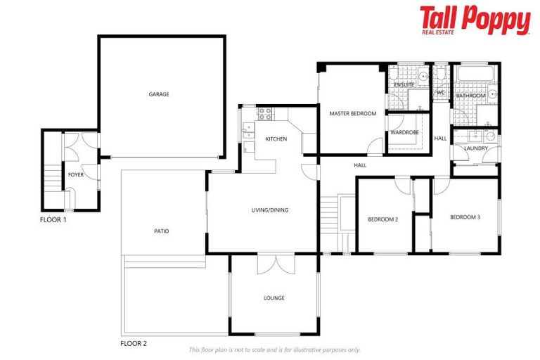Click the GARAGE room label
[x=158, y=94]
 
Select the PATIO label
[x=161, y=231]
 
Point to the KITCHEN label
[x=276, y=139]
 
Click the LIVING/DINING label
[x=270, y=210]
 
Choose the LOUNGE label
[x=274, y=298]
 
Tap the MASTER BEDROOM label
[x=353, y=113]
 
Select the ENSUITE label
[x=404, y=85]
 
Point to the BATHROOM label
[x=470, y=96]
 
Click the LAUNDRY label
[x=476, y=148]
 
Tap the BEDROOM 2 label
[x=383, y=219]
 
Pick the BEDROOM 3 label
[x=465, y=217]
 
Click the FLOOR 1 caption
[x=53, y=220]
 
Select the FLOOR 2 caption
[x=134, y=344]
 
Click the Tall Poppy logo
[x=474, y=20]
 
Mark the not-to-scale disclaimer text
[x=274, y=349]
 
